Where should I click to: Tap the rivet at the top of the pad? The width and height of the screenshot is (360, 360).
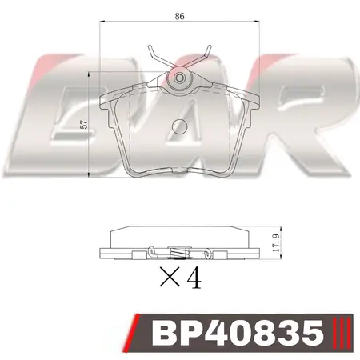pos(179,78)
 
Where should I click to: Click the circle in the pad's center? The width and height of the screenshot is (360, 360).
pos(180,125)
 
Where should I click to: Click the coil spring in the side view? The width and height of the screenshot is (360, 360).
pos(179,254)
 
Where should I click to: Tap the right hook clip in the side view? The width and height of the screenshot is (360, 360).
pos(208,254)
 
